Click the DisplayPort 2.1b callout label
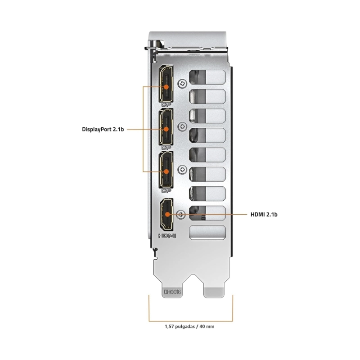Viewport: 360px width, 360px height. (103, 130)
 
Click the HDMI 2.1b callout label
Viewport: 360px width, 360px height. (264, 215)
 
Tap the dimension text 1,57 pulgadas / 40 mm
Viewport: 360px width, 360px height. (189, 326)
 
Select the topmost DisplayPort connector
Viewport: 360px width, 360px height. (166, 84)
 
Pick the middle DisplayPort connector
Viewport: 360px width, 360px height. (166, 127)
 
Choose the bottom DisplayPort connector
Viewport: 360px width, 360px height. (166, 170)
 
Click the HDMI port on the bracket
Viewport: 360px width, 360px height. (166, 215)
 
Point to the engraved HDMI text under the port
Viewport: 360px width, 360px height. (167, 235)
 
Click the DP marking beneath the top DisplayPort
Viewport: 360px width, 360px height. (166, 105)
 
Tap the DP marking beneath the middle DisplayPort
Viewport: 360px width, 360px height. (166, 148)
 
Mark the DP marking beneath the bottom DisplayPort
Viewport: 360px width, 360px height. (166, 191)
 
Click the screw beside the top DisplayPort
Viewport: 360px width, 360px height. (182, 84)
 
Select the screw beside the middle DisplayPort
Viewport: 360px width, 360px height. (182, 126)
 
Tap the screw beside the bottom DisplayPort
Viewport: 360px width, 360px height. (182, 170)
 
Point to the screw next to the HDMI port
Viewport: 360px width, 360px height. (181, 215)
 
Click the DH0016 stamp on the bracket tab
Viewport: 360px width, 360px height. (172, 292)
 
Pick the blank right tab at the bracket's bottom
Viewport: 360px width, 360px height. (214, 292)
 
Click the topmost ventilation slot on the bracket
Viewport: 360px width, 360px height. (207, 77)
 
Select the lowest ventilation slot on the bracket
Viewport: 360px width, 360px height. (207, 232)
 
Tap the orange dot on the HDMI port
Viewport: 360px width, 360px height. (167, 215)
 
